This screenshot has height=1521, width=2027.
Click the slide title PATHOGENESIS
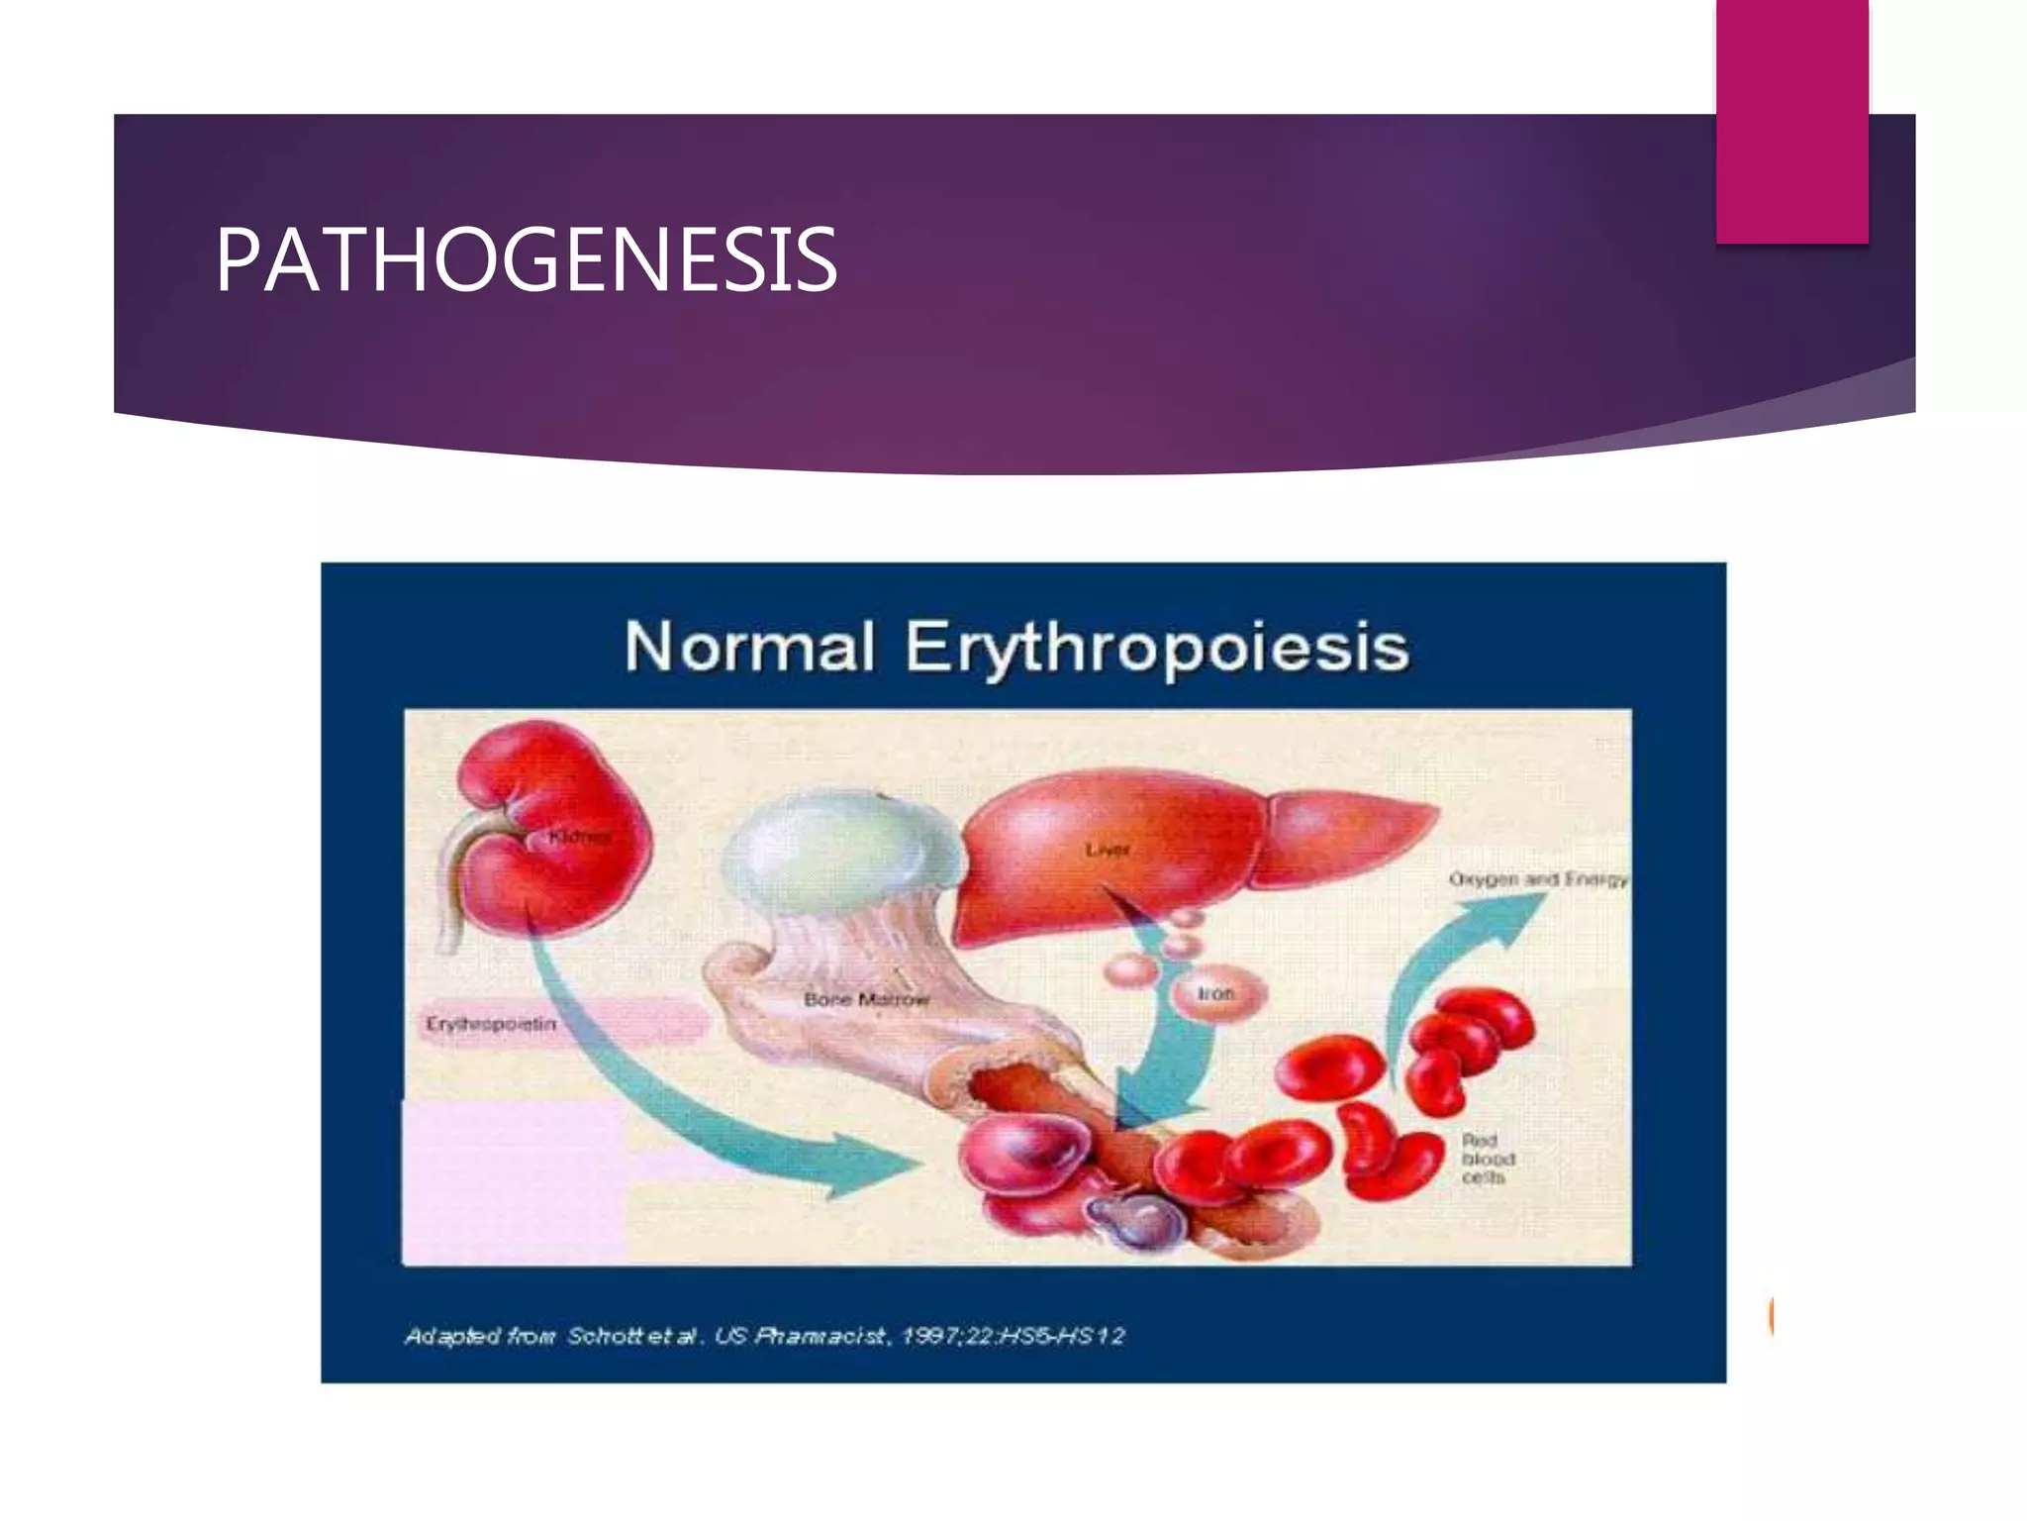click(x=526, y=259)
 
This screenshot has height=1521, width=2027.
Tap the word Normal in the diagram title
click(x=749, y=648)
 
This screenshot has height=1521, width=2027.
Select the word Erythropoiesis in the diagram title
click(x=1156, y=648)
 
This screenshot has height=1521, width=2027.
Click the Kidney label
click(x=581, y=837)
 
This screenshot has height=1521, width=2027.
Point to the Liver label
click(x=1107, y=850)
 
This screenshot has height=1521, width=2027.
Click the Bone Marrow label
click(x=867, y=999)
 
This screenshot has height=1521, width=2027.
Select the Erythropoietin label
click(x=492, y=1023)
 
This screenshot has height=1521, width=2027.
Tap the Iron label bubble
click(x=1216, y=993)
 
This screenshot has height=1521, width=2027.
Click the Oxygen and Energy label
click(x=1537, y=878)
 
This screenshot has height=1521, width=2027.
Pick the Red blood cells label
click(x=1488, y=1159)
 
